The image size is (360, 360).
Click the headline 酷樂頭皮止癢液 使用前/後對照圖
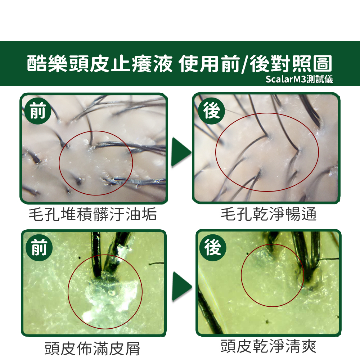click(179, 64)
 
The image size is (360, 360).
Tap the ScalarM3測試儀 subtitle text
click(299, 79)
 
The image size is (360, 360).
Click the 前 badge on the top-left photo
click(38, 111)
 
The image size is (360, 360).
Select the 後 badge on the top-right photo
click(211, 111)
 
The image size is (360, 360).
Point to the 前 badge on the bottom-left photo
click(39, 248)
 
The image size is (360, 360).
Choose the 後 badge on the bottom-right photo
click(213, 248)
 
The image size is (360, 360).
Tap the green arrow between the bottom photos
click(182, 286)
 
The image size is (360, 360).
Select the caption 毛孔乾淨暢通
click(269, 214)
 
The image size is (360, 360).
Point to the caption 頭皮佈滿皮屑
click(92, 348)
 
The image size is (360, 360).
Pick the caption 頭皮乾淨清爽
click(269, 346)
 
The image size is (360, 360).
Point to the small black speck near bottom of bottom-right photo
click(267, 321)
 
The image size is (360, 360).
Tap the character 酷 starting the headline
click(36, 64)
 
